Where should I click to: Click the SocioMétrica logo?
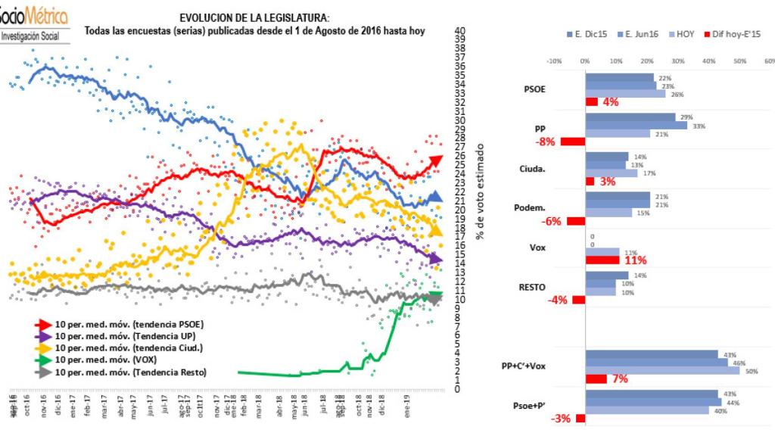[36, 23]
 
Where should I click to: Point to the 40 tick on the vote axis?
[459, 30]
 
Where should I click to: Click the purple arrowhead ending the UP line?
[436, 260]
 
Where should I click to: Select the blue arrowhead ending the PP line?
[436, 198]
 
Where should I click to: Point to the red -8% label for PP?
[546, 142]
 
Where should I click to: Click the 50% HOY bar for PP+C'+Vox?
[662, 371]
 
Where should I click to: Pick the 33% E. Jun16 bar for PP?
[636, 126]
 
